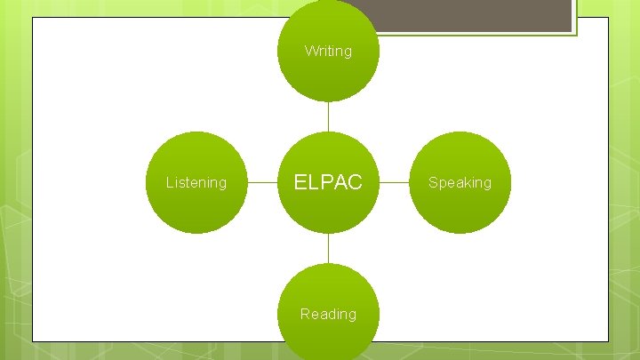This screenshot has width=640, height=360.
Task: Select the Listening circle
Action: click(196, 182)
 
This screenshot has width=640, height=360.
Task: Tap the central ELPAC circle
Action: click(328, 182)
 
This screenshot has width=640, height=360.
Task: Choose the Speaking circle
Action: click(460, 182)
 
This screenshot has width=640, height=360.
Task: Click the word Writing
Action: click(328, 51)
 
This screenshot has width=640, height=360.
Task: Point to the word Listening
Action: click(196, 182)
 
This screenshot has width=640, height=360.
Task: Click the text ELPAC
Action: click(328, 182)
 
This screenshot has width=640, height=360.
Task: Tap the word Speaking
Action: click(460, 182)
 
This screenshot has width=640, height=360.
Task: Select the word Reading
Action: click(328, 314)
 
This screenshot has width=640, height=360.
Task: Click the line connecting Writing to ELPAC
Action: click(328, 116)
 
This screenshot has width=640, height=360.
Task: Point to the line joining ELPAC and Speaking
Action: click(394, 182)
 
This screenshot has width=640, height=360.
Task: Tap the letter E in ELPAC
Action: click(300, 182)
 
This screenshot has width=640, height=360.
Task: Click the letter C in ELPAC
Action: click(356, 182)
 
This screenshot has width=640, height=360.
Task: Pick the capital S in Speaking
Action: click(433, 182)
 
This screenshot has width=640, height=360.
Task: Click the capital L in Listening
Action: click(170, 182)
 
